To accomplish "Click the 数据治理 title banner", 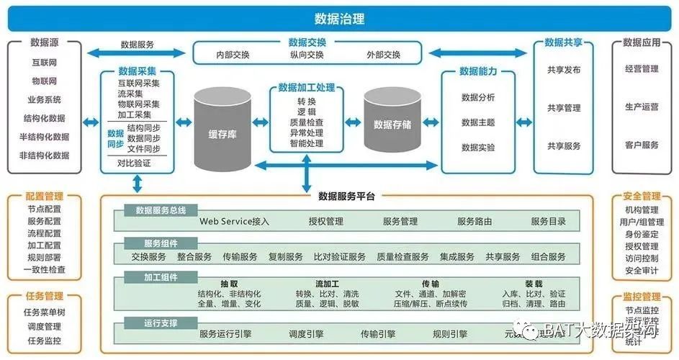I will pyautogui.click(x=339, y=18).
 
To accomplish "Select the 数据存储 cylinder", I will pyautogui.click(x=392, y=124).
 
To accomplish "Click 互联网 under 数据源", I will pyautogui.click(x=45, y=63).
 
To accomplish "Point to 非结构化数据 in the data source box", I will pyautogui.click(x=45, y=155).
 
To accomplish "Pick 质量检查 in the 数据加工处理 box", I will pyautogui.click(x=306, y=122).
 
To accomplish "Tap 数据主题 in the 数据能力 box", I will pyautogui.click(x=478, y=122).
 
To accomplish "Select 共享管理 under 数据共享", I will pyautogui.click(x=564, y=108).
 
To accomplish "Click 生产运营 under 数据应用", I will pyautogui.click(x=642, y=107).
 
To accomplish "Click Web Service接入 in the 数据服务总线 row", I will pyautogui.click(x=235, y=222).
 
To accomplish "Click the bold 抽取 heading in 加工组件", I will pyautogui.click(x=230, y=284).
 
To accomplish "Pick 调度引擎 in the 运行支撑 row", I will pyautogui.click(x=305, y=334).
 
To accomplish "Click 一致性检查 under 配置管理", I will pyautogui.click(x=45, y=270).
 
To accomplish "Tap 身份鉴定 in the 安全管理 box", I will pyautogui.click(x=642, y=235).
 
